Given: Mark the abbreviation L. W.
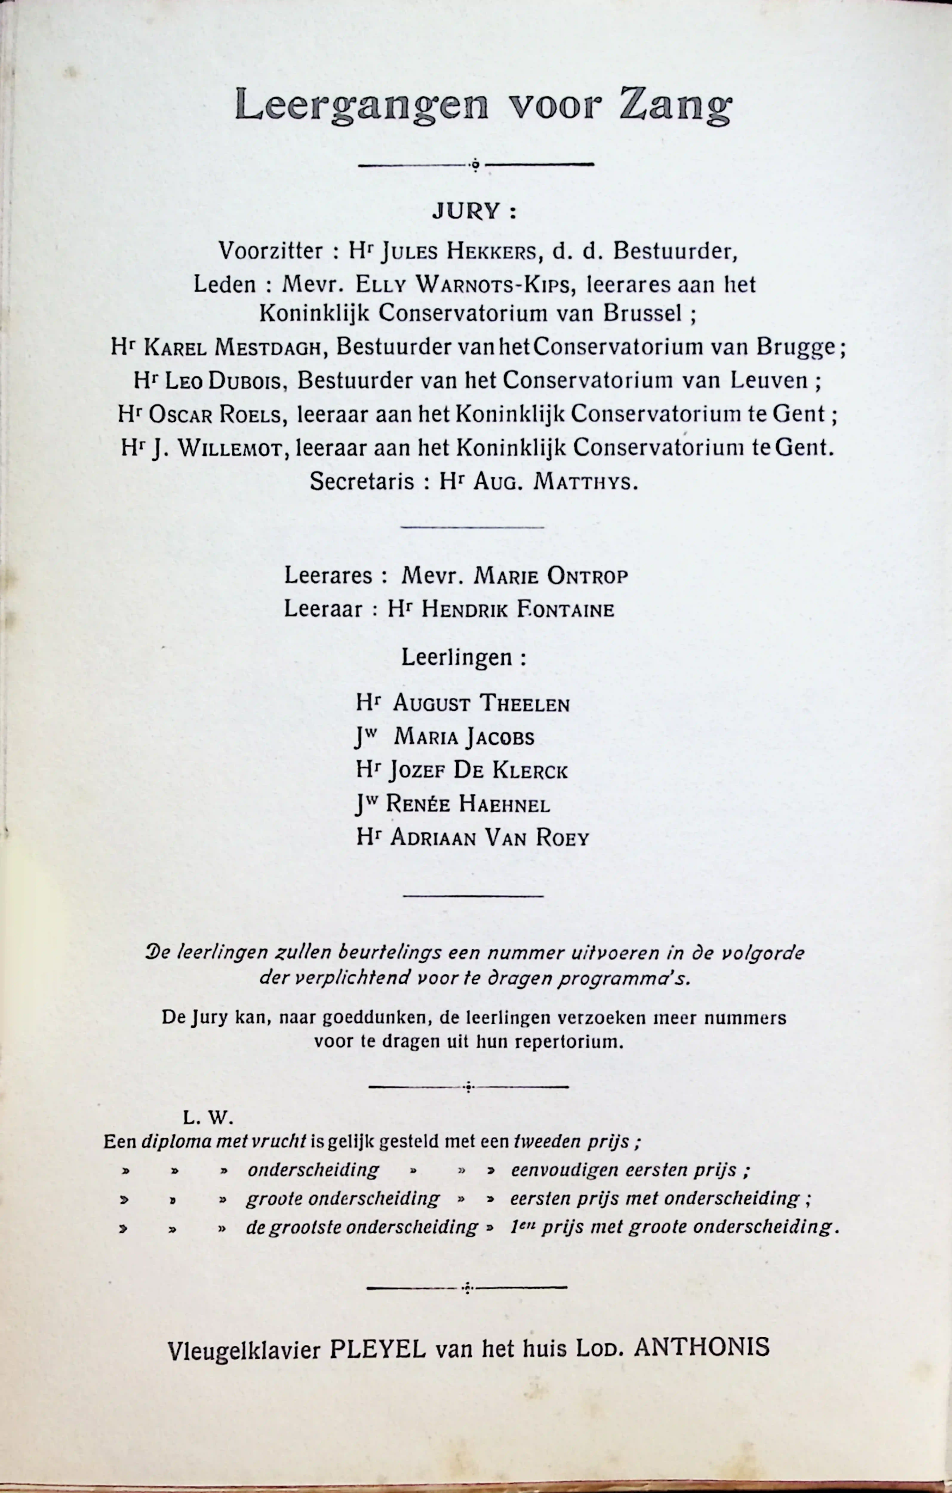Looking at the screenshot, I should pyautogui.click(x=207, y=1117).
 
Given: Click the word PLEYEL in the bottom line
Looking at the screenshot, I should pyautogui.click(x=377, y=1348).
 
